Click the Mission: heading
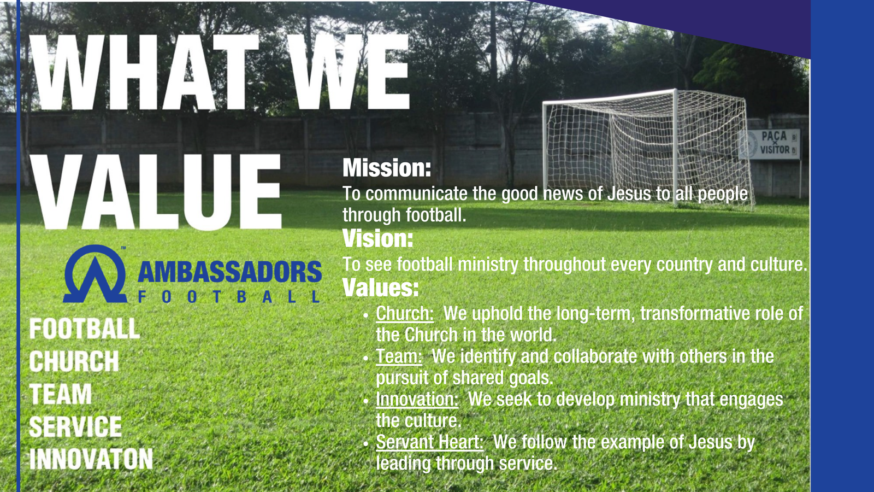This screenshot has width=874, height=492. click(x=387, y=168)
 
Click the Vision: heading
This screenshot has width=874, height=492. click(x=377, y=238)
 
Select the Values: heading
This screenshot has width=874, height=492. click(x=380, y=288)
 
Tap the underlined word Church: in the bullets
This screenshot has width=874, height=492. click(x=405, y=314)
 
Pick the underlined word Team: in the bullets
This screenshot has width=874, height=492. click(x=399, y=356)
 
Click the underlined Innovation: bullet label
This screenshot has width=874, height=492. click(x=417, y=399)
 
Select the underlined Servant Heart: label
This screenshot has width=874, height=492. click(x=429, y=442)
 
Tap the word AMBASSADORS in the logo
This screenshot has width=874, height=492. click(x=229, y=272)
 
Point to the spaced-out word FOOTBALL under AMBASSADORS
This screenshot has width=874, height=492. click(x=229, y=297)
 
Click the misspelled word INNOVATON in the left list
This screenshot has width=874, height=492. click(x=91, y=459)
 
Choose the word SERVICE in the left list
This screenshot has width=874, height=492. click(x=75, y=426)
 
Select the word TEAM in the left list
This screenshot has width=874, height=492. click(x=61, y=394)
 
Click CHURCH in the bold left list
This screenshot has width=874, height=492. click(x=74, y=361)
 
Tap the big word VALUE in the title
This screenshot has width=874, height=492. click(x=156, y=192)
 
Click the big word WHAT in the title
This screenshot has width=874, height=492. click(x=144, y=72)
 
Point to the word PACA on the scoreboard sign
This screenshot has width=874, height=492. click(x=774, y=136)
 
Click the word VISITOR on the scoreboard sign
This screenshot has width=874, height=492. click(x=775, y=150)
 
